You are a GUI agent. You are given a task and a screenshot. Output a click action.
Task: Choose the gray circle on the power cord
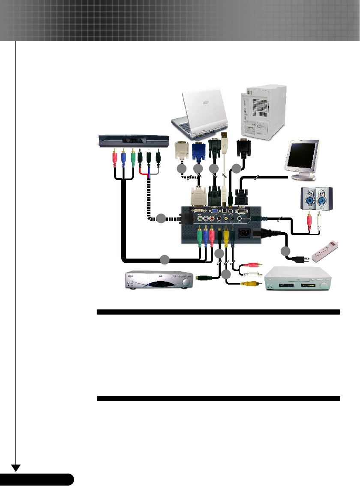tap(285, 252)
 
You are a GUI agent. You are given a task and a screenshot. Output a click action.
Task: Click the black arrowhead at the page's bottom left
tap(16, 468)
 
